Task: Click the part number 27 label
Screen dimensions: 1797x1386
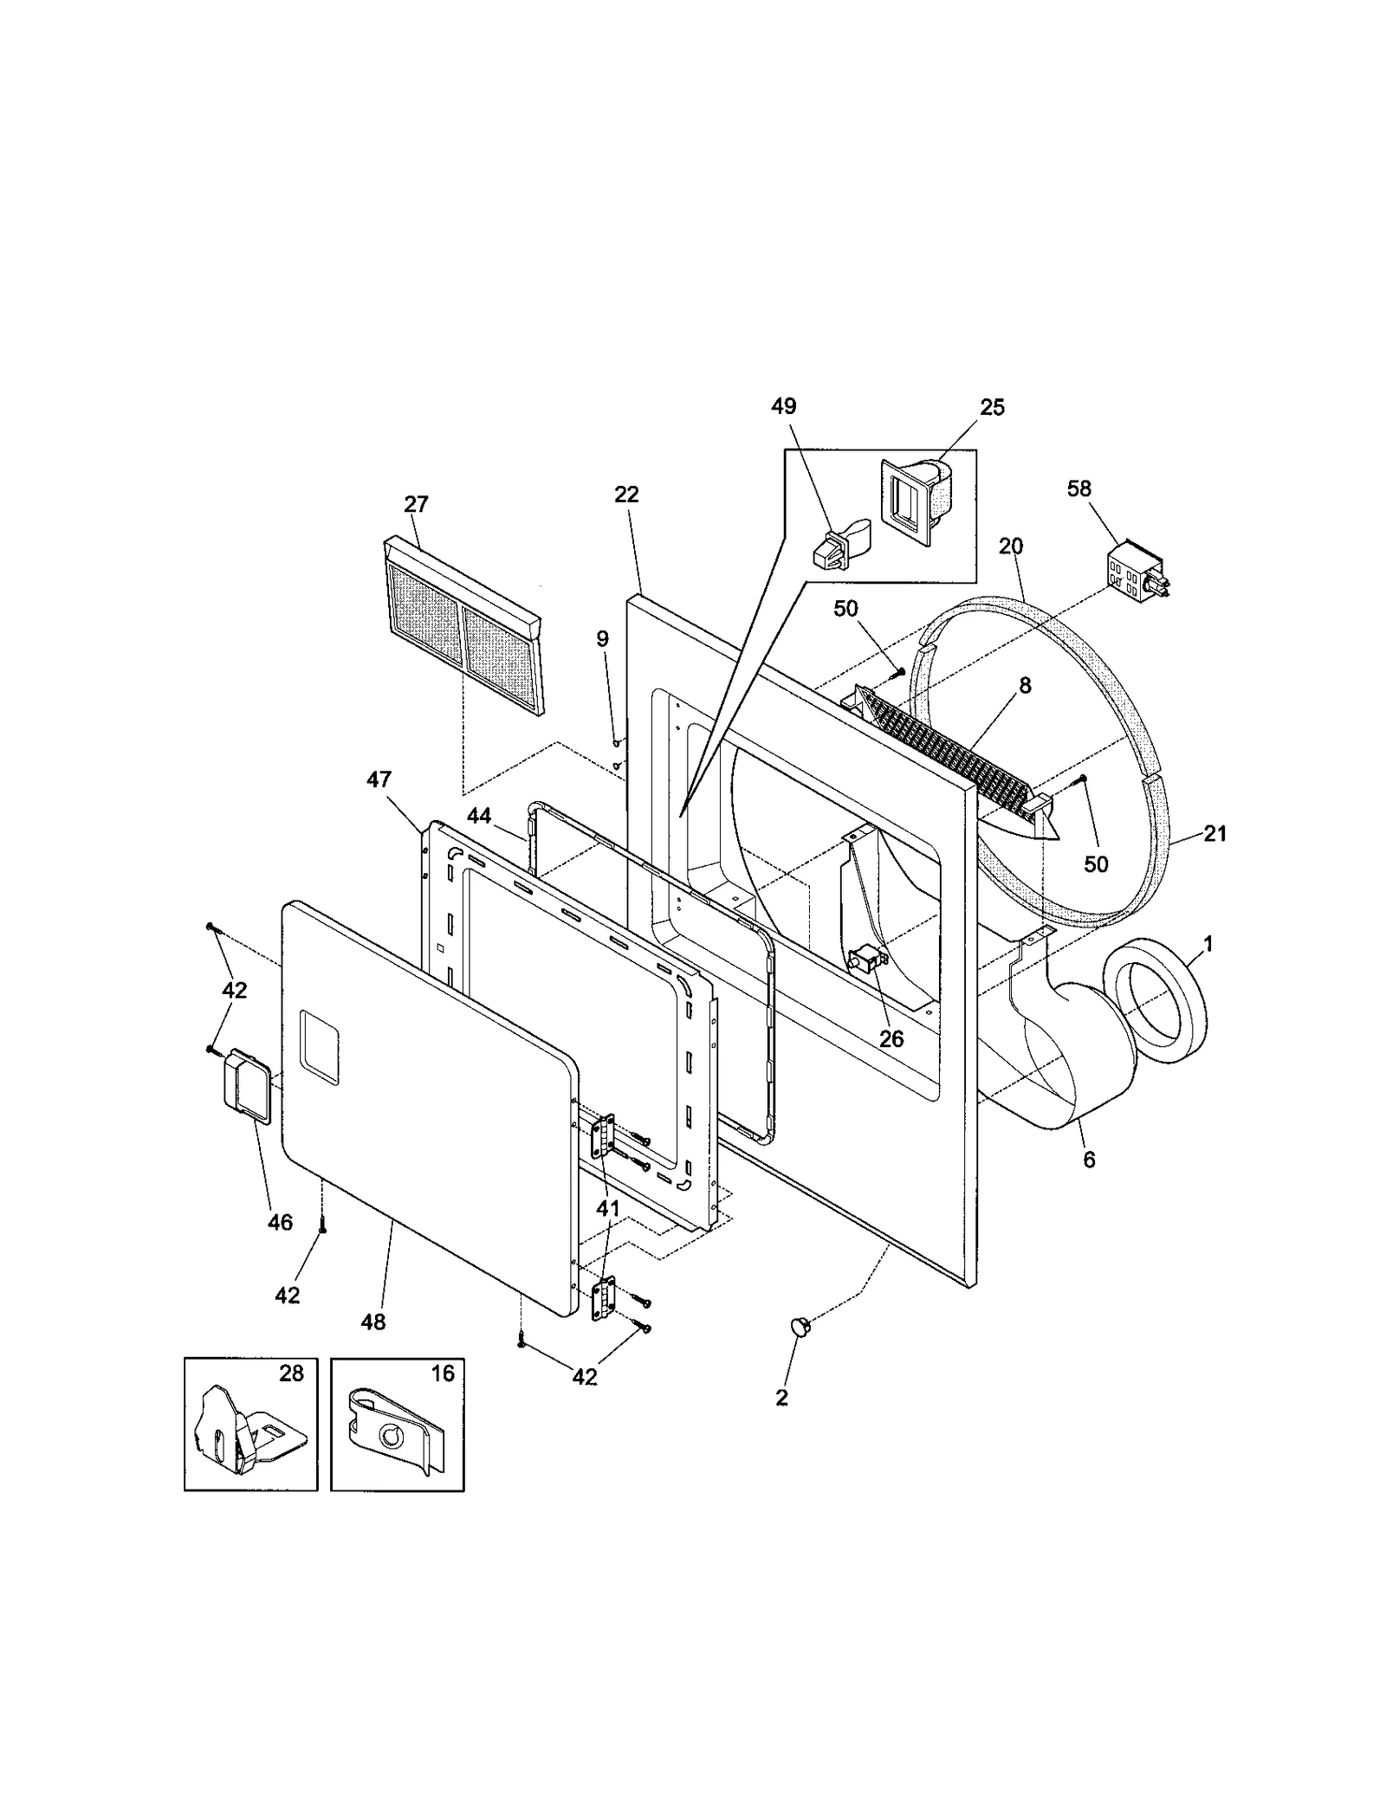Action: (x=417, y=504)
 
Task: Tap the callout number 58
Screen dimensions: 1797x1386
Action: (x=1079, y=488)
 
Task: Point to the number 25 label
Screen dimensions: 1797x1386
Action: (x=993, y=407)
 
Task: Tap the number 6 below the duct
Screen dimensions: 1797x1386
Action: (x=1089, y=1159)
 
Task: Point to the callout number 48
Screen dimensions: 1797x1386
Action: (x=373, y=1322)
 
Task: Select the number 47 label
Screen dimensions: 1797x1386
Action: (x=379, y=779)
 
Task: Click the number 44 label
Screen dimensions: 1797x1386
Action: (x=479, y=815)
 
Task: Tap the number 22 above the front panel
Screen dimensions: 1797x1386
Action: (x=626, y=494)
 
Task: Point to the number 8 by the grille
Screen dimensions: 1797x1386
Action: (x=1025, y=686)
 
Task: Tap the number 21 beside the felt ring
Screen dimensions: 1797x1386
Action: (x=1215, y=833)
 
